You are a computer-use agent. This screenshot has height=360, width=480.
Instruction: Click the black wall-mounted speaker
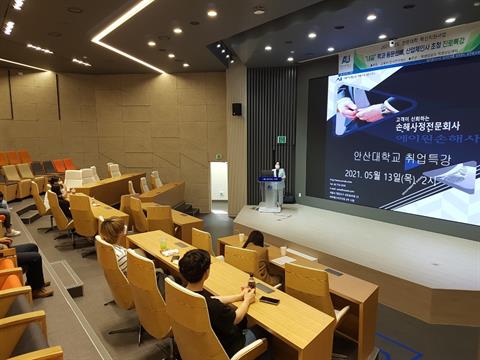coord(237,109)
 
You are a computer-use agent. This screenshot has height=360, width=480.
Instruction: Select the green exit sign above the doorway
coord(281,139)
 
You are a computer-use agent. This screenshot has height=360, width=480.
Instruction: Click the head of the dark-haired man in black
coord(195,265)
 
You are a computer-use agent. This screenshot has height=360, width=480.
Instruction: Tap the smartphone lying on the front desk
coord(269,299)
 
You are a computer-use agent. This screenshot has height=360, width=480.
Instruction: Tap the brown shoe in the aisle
coord(41,292)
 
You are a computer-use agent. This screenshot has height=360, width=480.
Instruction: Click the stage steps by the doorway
coord(187,208)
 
